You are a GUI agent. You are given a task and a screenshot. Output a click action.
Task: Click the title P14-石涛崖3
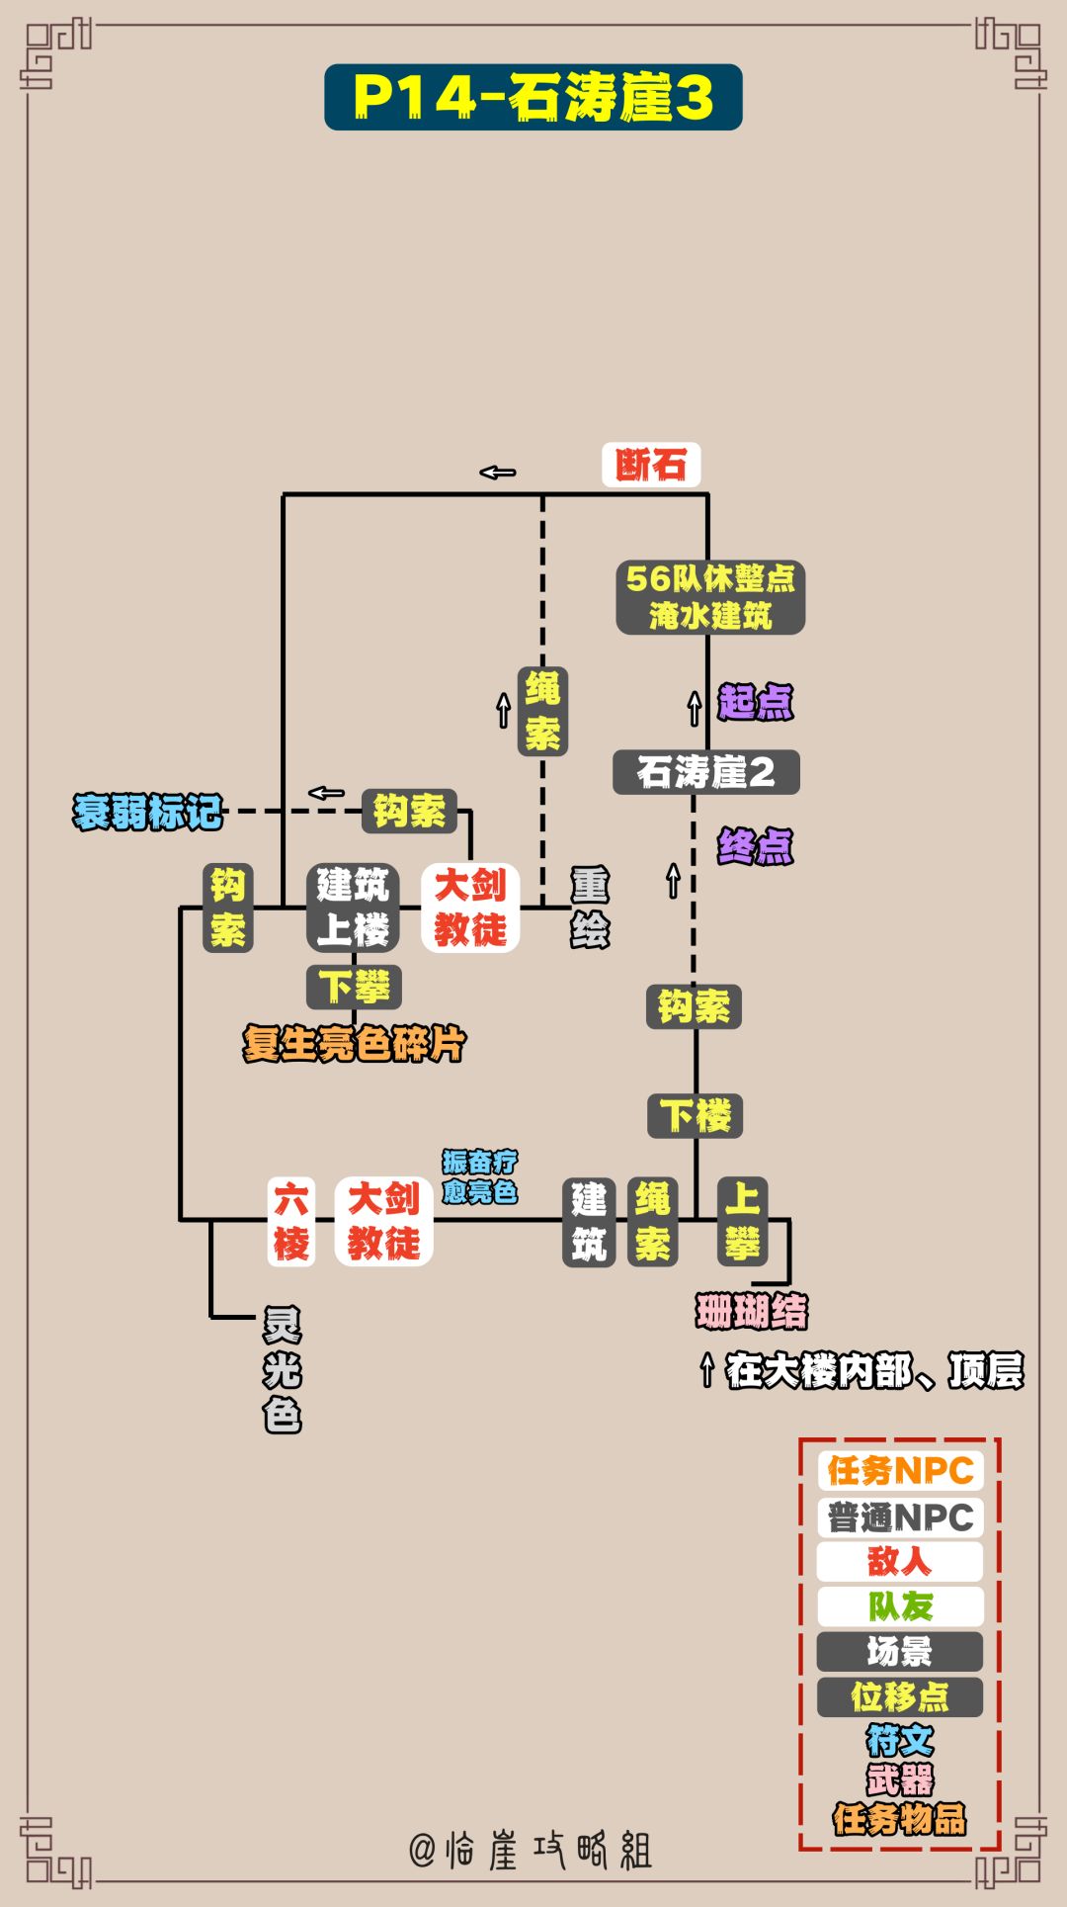click(x=533, y=97)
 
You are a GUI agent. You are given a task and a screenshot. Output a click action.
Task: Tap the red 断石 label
click(x=651, y=465)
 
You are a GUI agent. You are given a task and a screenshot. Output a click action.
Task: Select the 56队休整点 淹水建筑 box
click(x=710, y=597)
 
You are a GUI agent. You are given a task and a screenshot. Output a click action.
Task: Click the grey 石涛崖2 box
click(x=705, y=772)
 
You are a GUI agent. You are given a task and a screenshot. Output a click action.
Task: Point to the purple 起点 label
click(x=755, y=702)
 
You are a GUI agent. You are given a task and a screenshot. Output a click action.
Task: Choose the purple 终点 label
click(x=755, y=846)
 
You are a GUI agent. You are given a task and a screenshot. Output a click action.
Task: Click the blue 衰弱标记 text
click(x=147, y=812)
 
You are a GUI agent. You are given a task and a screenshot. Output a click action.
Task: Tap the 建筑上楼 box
click(x=353, y=908)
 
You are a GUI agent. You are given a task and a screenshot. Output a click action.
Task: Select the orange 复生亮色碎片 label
click(x=354, y=1044)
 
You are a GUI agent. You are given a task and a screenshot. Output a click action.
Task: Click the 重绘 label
click(x=590, y=908)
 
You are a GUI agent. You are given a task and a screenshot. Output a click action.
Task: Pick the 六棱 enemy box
click(x=291, y=1221)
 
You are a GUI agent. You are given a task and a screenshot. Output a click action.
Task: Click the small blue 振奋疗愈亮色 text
click(x=479, y=1176)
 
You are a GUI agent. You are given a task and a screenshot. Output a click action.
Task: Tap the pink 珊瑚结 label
click(x=751, y=1312)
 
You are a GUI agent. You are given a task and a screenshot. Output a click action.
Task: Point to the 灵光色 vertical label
click(x=282, y=1370)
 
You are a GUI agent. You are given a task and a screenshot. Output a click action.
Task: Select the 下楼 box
click(x=696, y=1116)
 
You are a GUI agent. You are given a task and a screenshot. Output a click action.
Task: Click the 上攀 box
click(x=742, y=1221)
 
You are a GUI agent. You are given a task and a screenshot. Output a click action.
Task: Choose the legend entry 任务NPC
click(x=900, y=1471)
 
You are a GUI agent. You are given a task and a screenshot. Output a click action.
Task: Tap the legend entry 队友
click(x=900, y=1606)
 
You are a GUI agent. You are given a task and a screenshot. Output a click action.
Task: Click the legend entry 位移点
click(x=900, y=1697)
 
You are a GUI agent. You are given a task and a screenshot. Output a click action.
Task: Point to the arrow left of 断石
click(x=498, y=473)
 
